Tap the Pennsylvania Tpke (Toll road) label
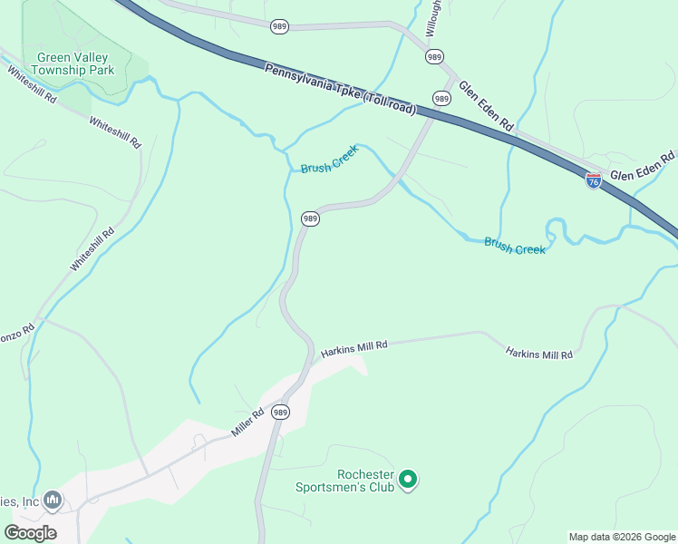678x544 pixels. [x=340, y=89]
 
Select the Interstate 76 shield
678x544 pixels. [x=593, y=180]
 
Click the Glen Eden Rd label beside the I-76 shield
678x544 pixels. [x=643, y=167]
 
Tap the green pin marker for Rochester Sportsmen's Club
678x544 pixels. [x=408, y=479]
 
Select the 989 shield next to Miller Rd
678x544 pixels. [x=280, y=413]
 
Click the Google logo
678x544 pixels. [x=31, y=532]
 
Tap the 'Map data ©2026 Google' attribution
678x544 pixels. [x=623, y=537]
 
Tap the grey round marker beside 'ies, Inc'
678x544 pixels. [x=53, y=500]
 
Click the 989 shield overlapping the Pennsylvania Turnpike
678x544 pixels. [x=441, y=98]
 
